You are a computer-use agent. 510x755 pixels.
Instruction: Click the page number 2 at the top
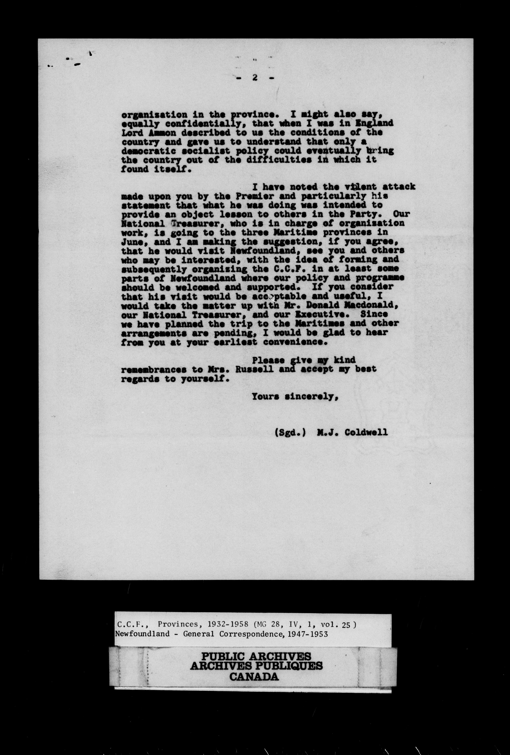coord(255,78)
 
